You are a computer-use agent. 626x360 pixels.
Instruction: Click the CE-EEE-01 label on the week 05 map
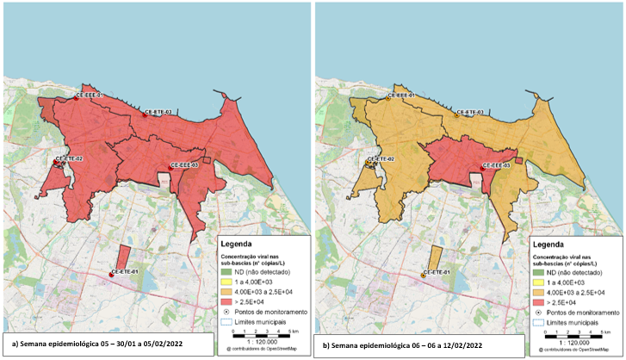click(x=90, y=95)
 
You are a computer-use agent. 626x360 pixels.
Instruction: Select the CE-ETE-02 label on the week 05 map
click(x=69, y=159)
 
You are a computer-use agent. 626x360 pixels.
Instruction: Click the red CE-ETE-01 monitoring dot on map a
click(x=112, y=275)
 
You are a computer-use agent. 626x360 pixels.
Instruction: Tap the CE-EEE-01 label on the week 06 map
click(x=402, y=95)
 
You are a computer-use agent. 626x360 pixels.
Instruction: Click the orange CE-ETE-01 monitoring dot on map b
click(x=424, y=275)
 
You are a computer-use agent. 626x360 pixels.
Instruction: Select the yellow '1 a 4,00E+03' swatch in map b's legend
click(x=540, y=282)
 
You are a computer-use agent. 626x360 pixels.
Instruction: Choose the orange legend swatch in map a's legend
click(x=228, y=292)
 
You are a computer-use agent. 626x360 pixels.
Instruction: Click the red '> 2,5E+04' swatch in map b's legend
click(x=540, y=301)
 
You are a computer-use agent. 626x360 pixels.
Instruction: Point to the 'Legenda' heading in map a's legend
click(x=241, y=243)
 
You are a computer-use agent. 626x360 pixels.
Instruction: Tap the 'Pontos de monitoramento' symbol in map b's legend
click(x=540, y=312)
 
